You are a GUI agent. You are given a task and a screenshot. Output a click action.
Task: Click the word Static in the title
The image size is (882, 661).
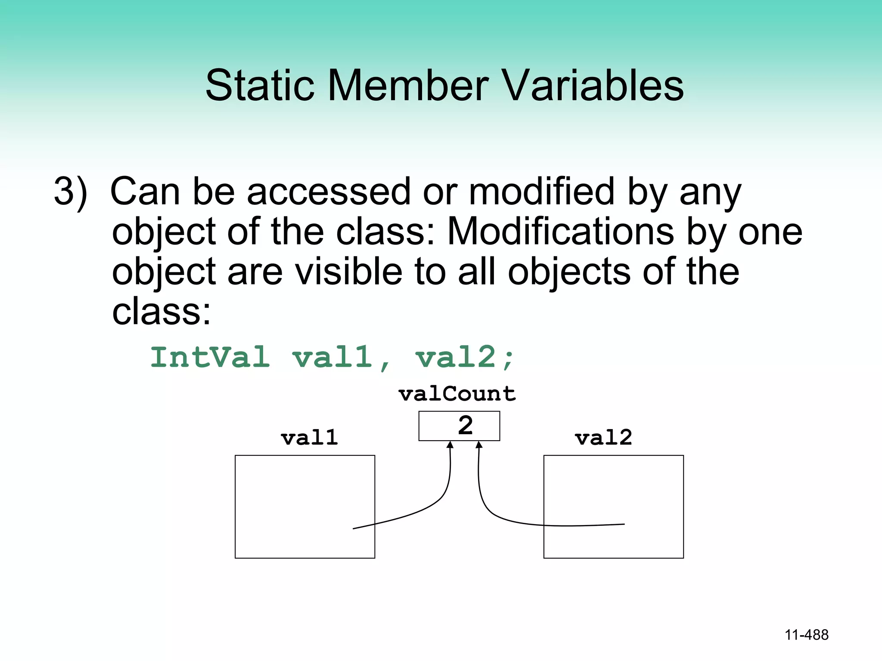(259, 86)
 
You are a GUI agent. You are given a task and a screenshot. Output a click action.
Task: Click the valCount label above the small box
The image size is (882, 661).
(457, 394)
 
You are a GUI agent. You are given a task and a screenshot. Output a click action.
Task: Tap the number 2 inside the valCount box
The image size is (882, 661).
(465, 426)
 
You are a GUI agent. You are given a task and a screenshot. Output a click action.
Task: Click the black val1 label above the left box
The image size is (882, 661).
(309, 438)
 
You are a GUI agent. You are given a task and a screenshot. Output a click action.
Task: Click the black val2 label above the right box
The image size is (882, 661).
(603, 438)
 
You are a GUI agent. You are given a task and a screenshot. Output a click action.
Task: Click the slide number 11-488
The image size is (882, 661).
(806, 635)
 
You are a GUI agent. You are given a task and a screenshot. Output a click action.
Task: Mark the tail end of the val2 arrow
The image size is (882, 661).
(623, 524)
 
